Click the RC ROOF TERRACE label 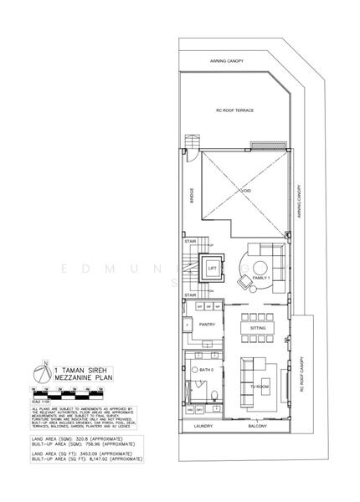click(x=235, y=110)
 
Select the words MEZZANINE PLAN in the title click(x=80, y=376)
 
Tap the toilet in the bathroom click(x=215, y=395)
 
